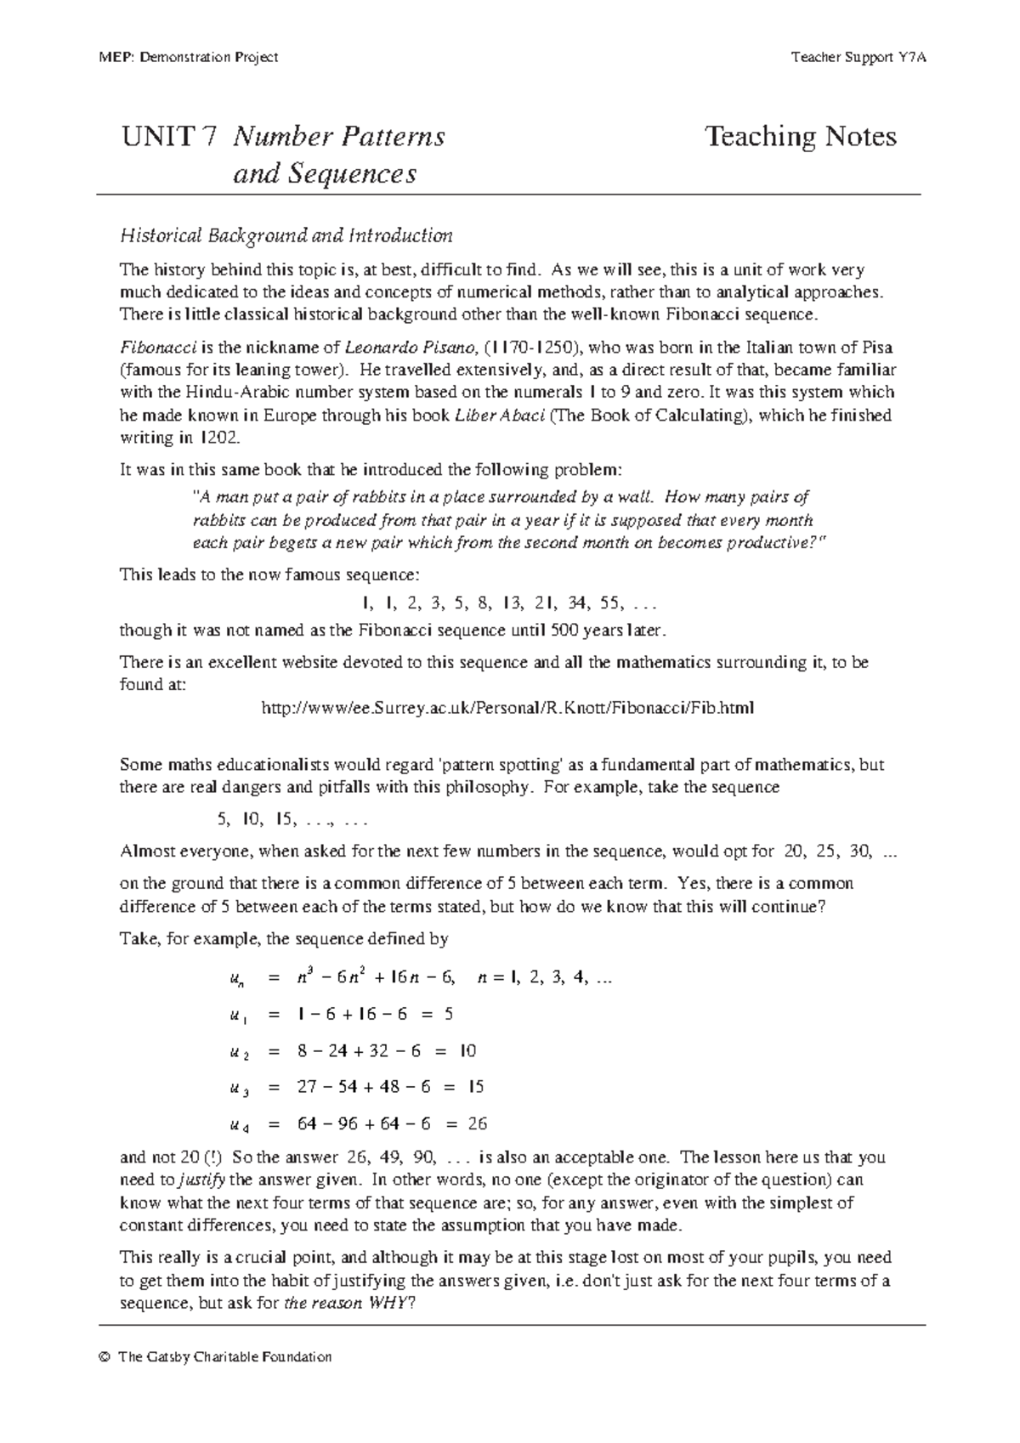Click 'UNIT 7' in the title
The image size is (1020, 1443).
[x=169, y=137]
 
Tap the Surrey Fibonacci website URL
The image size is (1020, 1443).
[x=507, y=707]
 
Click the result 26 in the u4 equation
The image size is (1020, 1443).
[x=477, y=1123]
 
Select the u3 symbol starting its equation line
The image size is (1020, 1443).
[x=239, y=1088]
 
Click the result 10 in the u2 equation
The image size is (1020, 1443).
[x=467, y=1051]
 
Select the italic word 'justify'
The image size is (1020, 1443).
[x=203, y=1180]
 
